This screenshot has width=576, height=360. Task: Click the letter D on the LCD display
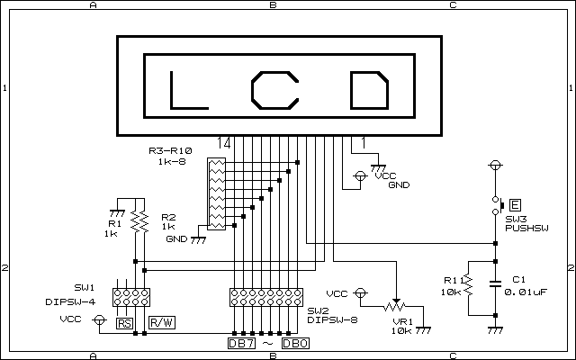pyautogui.click(x=368, y=90)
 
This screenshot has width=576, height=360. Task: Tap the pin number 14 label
pyautogui.click(x=224, y=142)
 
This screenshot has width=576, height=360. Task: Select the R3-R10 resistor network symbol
pyautogui.click(x=216, y=193)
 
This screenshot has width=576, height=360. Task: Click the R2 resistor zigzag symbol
pyautogui.click(x=137, y=221)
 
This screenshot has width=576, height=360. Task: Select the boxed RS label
pyautogui.click(x=124, y=322)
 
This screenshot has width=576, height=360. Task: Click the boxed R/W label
pyautogui.click(x=161, y=322)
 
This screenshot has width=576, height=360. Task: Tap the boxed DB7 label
pyautogui.click(x=240, y=343)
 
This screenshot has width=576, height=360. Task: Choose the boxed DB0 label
pyautogui.click(x=294, y=343)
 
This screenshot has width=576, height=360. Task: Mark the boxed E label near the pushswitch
pyautogui.click(x=516, y=204)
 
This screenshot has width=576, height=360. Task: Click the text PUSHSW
pyautogui.click(x=526, y=229)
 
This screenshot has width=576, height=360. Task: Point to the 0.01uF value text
pyautogui.click(x=527, y=292)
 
